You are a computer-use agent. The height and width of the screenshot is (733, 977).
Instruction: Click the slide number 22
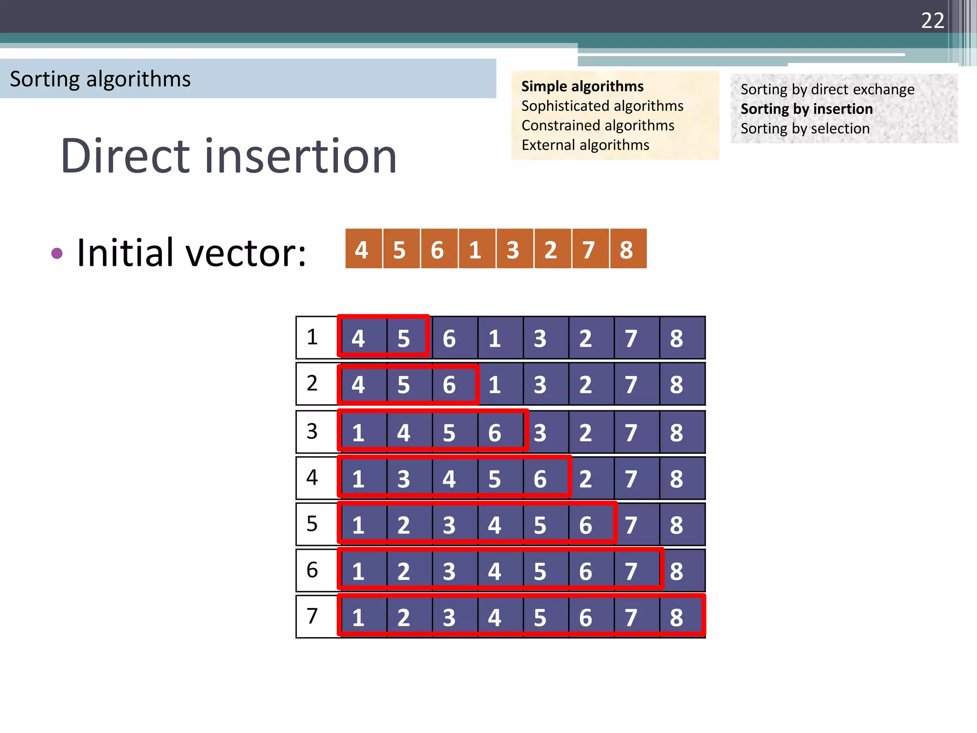point(932,21)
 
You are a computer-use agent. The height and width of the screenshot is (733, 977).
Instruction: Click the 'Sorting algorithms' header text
point(100,79)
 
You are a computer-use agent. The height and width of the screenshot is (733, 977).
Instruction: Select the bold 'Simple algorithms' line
point(582,86)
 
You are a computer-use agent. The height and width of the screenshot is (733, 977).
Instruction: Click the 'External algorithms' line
point(585,145)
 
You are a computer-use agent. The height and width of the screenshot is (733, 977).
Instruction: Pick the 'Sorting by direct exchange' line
point(827,89)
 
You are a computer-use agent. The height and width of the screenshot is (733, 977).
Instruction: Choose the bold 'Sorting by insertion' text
point(806,109)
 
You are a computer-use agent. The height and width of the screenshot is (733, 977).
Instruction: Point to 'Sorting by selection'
point(805,128)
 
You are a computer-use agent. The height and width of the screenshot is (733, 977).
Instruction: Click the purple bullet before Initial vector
point(57,253)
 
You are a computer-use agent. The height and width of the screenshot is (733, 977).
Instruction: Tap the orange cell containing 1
point(475,250)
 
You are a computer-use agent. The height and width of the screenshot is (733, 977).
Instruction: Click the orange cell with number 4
point(362,250)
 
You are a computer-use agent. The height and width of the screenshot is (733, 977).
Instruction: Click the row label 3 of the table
point(312,431)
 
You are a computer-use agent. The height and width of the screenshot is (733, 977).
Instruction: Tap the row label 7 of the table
point(312,616)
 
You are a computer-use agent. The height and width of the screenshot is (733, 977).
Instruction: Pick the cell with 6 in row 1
point(449,338)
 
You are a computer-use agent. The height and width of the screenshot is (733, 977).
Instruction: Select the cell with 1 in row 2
point(495,385)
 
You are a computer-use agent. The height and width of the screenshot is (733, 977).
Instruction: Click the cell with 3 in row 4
point(404,479)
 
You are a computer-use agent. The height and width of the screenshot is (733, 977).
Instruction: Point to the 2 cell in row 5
point(404,525)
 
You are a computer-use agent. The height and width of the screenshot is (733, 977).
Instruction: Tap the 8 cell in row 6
point(676,571)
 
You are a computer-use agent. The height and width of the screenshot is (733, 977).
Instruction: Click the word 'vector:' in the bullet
point(246,253)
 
